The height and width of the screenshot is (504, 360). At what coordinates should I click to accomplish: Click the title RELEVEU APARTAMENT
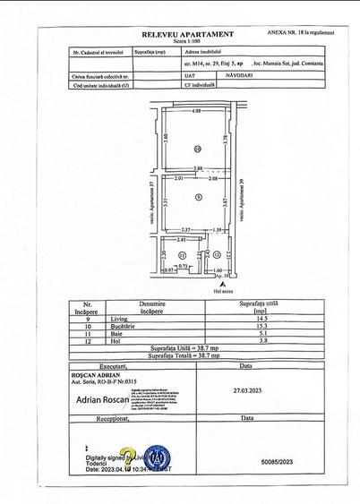click(x=187, y=34)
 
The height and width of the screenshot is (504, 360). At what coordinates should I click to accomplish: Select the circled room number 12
click(x=217, y=255)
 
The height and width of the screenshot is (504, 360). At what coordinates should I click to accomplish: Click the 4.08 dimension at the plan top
click(x=195, y=110)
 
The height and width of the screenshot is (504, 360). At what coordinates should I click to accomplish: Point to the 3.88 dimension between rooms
click(x=198, y=168)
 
